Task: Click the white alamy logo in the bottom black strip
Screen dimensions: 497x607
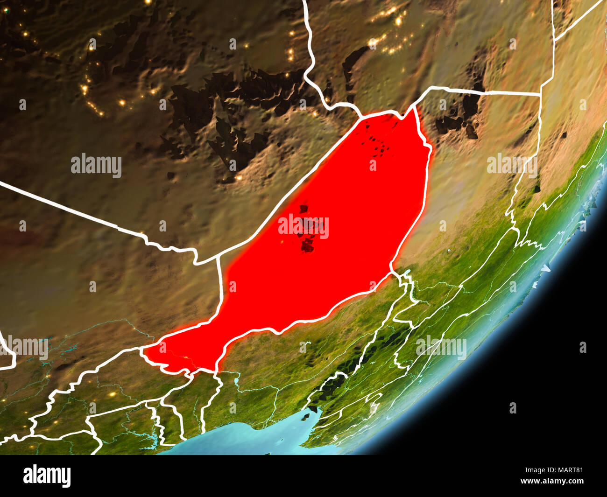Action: click(x=47, y=476)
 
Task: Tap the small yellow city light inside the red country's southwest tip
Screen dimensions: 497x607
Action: click(x=187, y=358)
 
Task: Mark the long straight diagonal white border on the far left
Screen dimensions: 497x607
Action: click(x=61, y=205)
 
